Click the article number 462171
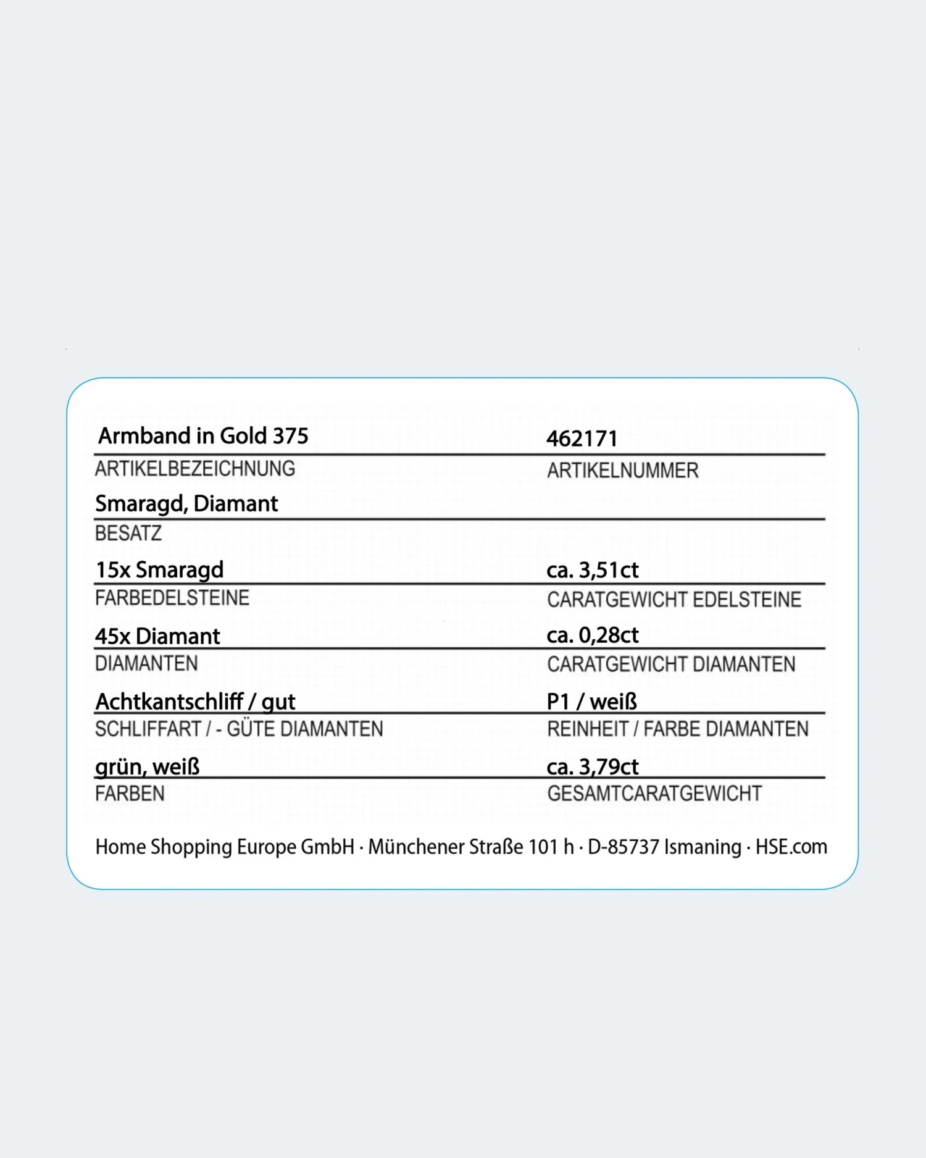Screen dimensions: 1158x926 coord(582,438)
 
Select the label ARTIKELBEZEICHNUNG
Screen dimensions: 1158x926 coord(195,469)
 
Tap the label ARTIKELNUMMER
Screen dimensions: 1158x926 coord(622,471)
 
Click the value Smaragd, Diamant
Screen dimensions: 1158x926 coord(186,504)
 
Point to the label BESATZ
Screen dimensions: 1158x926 coord(128,533)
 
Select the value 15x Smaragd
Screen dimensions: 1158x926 coord(159,570)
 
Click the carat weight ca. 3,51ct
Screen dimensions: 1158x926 coord(592,570)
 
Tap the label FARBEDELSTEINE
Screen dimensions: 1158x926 coord(172,598)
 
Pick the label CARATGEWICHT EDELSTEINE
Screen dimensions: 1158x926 coord(674,600)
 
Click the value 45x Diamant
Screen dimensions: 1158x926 coord(157,636)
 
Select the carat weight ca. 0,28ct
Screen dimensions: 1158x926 coord(592,635)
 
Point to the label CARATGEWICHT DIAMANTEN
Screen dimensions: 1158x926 coord(671,665)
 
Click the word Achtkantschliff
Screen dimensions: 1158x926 coord(169,702)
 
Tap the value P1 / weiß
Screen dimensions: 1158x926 coord(591,702)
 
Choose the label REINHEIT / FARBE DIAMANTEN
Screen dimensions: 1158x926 coord(677,729)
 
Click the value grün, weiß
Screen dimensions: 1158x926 coord(148,767)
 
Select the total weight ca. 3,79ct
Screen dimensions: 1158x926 coord(592,767)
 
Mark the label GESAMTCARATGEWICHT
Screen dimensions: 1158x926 coord(654,794)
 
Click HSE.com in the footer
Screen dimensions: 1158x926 coord(791,847)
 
